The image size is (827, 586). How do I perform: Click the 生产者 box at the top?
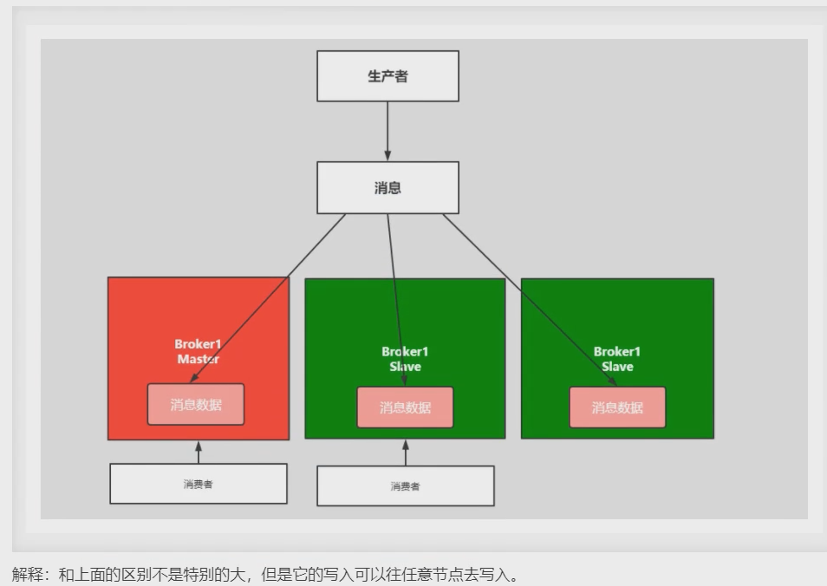click(x=387, y=76)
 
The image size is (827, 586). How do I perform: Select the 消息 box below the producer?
click(x=387, y=187)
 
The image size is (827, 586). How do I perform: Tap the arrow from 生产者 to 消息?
click(x=387, y=132)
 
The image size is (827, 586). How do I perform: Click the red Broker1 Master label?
click(x=198, y=351)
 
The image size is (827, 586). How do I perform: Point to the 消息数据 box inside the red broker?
click(x=196, y=405)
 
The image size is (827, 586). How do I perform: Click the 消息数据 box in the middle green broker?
click(x=405, y=407)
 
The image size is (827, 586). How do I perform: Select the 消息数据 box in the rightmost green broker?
click(x=617, y=407)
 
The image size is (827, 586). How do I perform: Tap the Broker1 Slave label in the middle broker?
click(x=405, y=359)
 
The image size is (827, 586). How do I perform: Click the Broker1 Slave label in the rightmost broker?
click(x=617, y=359)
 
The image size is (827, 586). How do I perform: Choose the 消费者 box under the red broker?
click(x=198, y=484)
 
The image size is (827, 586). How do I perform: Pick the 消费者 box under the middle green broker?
click(x=405, y=486)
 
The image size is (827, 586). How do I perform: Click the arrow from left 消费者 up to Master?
click(x=198, y=452)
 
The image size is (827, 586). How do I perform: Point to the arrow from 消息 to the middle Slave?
click(x=394, y=286)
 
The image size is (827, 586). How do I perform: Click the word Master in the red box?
click(x=198, y=359)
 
